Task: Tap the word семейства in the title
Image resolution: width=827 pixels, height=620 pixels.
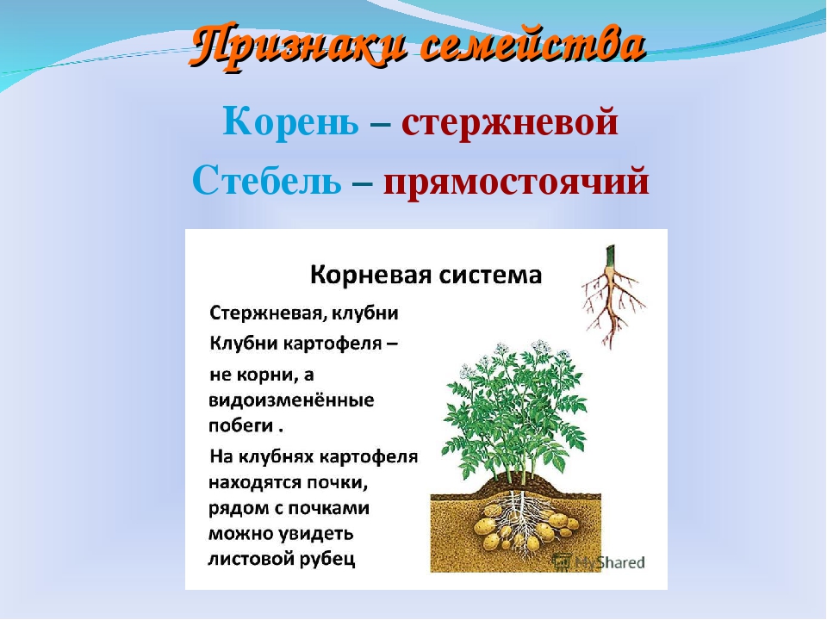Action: (x=533, y=45)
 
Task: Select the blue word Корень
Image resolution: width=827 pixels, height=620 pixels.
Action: (x=290, y=121)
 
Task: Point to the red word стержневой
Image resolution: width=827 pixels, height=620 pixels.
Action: (x=509, y=122)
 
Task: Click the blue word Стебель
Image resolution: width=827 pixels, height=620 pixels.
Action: (x=267, y=180)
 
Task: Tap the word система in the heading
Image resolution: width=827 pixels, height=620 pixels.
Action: (x=490, y=276)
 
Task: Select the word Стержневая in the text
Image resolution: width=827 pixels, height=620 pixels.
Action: (x=261, y=313)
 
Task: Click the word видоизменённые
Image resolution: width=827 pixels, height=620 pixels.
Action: (x=291, y=400)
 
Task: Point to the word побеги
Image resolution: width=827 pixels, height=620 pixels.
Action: (x=240, y=425)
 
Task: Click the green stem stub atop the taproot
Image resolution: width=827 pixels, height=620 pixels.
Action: (x=610, y=257)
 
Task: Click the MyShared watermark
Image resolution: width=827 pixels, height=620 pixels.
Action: (x=599, y=562)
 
